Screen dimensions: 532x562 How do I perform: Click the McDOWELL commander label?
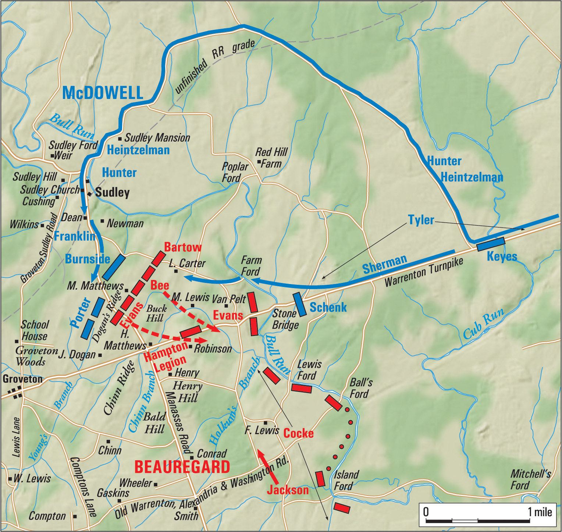[103, 93]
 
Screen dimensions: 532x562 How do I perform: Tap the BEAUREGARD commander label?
[182, 467]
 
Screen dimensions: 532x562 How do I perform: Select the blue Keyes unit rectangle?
[491, 244]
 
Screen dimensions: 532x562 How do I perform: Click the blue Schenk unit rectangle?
[300, 304]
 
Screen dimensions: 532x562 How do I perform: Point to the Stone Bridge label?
[285, 319]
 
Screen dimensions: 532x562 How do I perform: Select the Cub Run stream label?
[483, 324]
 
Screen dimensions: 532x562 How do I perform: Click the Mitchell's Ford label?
[530, 479]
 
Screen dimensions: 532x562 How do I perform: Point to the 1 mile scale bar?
[477, 520]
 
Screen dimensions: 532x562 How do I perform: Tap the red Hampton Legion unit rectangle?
[191, 332]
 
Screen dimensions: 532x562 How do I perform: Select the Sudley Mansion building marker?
[120, 139]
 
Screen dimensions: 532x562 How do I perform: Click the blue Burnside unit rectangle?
[114, 267]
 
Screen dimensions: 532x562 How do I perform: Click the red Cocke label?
[298, 433]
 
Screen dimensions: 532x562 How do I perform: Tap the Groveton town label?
[22, 379]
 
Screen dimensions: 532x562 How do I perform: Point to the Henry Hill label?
[188, 392]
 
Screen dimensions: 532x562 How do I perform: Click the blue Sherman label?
[384, 264]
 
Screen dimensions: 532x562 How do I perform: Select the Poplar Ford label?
[235, 172]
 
